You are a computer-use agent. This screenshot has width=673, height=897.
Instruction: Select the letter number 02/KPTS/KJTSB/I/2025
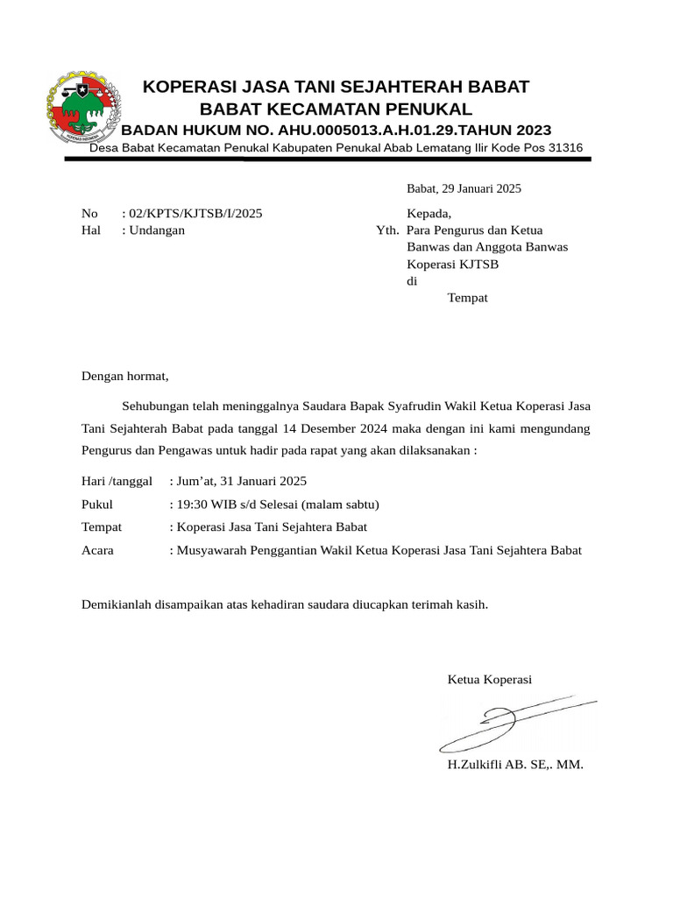click(195, 213)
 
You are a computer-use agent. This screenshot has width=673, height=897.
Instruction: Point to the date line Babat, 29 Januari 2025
click(464, 188)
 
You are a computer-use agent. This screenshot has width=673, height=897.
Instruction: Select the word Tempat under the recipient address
click(467, 298)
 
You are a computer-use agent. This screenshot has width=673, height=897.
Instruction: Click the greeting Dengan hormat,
click(124, 377)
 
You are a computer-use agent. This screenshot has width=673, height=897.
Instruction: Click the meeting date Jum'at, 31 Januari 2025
click(241, 482)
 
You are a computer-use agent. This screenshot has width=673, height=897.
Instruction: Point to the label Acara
click(97, 550)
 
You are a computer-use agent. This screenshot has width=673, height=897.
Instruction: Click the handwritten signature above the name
click(508, 724)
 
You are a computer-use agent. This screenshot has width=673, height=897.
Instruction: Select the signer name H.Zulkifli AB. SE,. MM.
click(514, 765)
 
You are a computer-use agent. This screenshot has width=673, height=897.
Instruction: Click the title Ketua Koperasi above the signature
click(489, 680)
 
